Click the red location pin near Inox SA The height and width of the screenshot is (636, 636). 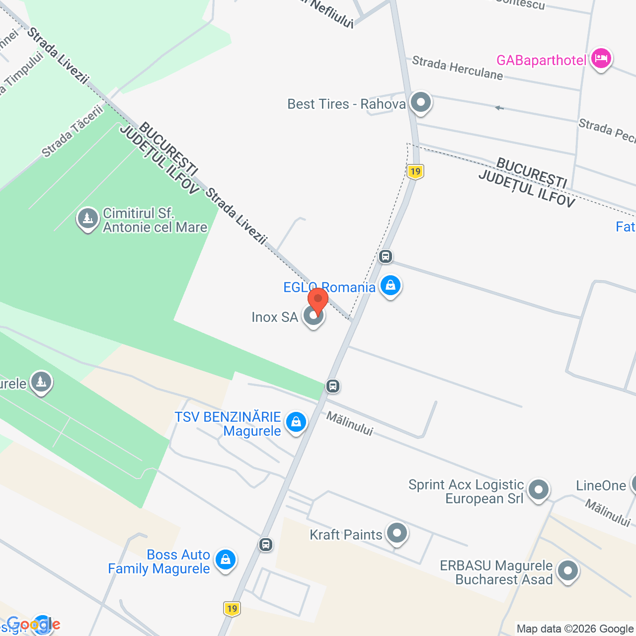[318, 300]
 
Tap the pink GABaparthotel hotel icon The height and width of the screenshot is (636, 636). [601, 59]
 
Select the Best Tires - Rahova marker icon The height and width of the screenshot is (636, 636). [421, 103]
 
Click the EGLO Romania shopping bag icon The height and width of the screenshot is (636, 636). [391, 286]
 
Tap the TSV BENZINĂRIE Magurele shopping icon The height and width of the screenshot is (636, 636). [296, 422]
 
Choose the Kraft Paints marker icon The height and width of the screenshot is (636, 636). [397, 534]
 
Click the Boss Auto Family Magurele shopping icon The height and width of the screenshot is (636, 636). [226, 560]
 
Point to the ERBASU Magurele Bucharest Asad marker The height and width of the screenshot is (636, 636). [567, 571]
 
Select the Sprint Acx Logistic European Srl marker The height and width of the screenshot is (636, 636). [539, 490]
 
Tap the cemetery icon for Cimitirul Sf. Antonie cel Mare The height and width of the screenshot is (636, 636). [88, 218]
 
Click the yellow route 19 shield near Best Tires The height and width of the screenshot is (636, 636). [415, 172]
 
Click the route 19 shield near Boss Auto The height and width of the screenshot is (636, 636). [232, 609]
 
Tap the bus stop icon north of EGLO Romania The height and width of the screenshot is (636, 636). [386, 256]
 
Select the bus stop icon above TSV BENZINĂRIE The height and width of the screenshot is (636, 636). [333, 386]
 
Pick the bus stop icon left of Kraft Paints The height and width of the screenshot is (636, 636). [266, 545]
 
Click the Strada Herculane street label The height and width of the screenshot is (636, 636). [457, 68]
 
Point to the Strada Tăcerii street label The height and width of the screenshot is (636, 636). [73, 132]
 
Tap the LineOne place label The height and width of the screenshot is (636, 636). [601, 485]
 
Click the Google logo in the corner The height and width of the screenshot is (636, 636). [33, 625]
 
